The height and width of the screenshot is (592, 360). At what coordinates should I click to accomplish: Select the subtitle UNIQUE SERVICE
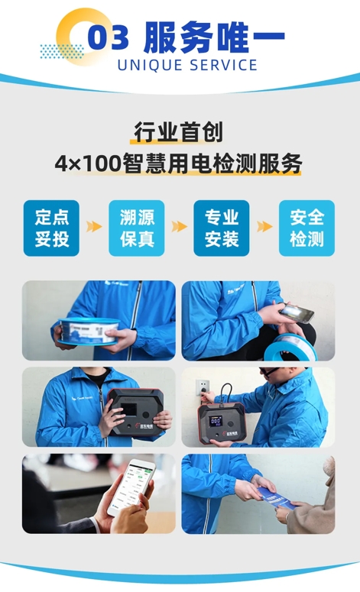187,65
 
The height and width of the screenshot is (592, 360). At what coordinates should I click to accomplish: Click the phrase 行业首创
178,132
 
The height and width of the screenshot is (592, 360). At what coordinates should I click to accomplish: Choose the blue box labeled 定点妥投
51,228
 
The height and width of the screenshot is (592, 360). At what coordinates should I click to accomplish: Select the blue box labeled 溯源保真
137,228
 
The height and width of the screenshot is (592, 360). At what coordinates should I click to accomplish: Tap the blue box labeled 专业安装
222,228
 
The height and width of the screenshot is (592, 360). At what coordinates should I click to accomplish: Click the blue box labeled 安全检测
306,228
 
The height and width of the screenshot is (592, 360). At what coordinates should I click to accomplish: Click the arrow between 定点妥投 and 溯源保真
94,227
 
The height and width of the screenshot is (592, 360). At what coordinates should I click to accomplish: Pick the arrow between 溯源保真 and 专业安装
179,227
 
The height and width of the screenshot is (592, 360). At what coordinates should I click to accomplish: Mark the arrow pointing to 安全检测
264,227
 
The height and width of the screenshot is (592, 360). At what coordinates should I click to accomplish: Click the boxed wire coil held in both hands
88,331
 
